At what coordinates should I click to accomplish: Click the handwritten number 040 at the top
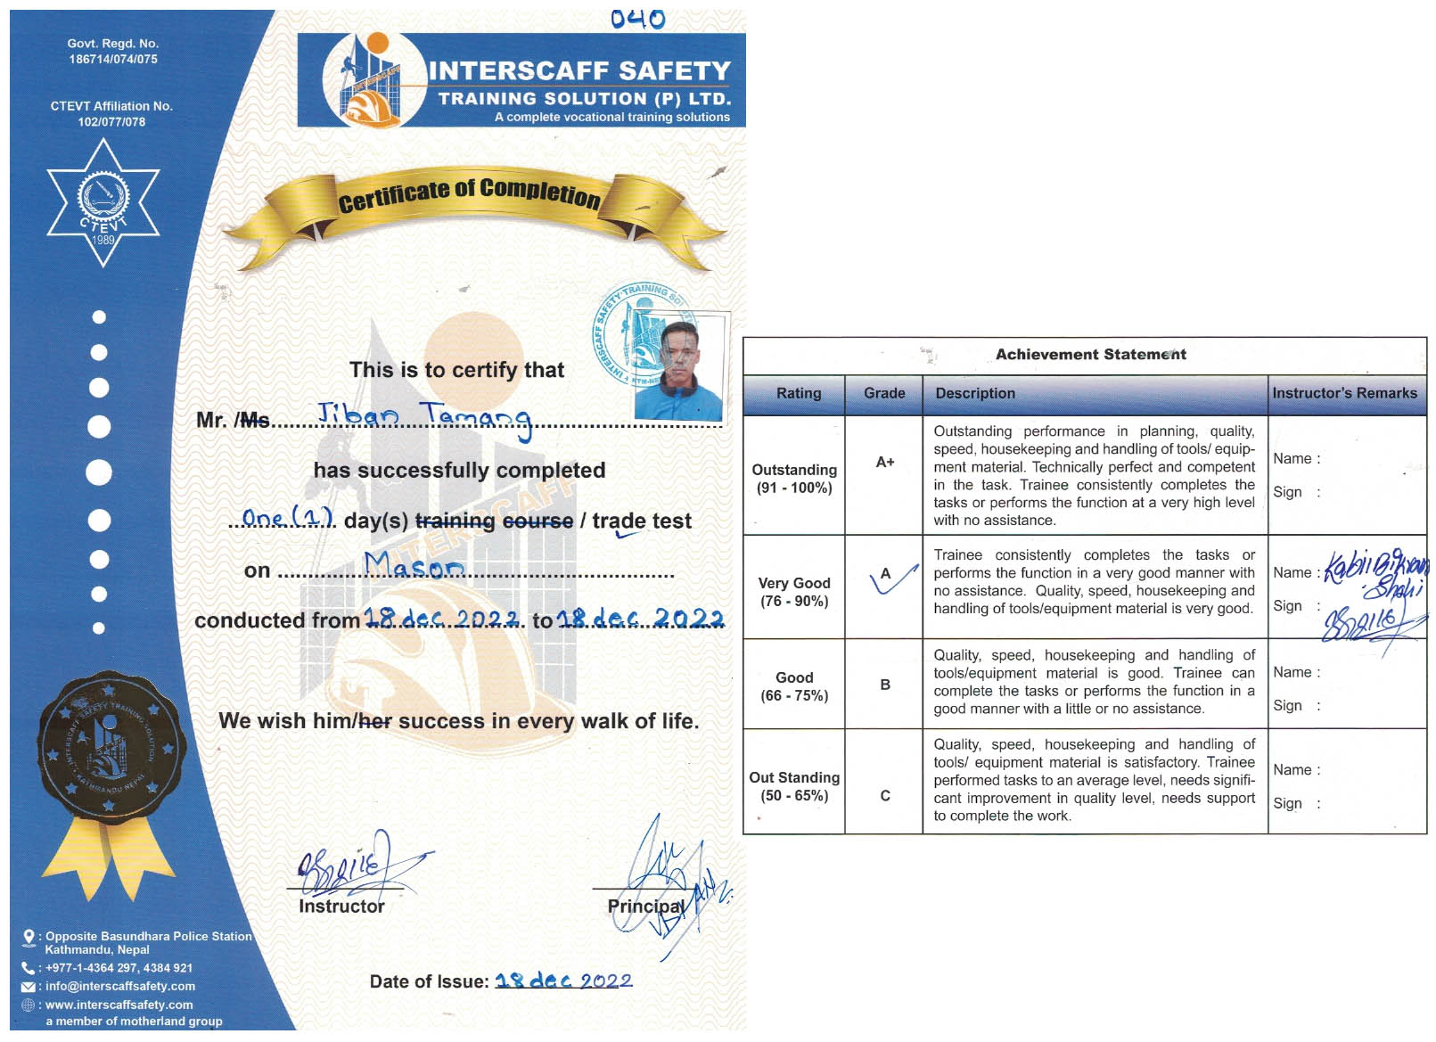(637, 19)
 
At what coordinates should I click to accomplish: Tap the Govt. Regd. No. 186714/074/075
(113, 52)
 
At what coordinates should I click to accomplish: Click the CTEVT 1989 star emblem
(103, 204)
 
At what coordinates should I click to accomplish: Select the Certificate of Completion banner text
(469, 193)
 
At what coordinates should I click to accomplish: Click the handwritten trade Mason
(414, 564)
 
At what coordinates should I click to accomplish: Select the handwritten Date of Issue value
(563, 980)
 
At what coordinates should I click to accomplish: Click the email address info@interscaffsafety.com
(120, 986)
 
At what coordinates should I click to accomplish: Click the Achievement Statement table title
(1090, 354)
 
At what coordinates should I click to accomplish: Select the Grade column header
(883, 393)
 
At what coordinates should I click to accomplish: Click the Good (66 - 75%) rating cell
(793, 686)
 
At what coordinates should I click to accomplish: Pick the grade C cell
(884, 795)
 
